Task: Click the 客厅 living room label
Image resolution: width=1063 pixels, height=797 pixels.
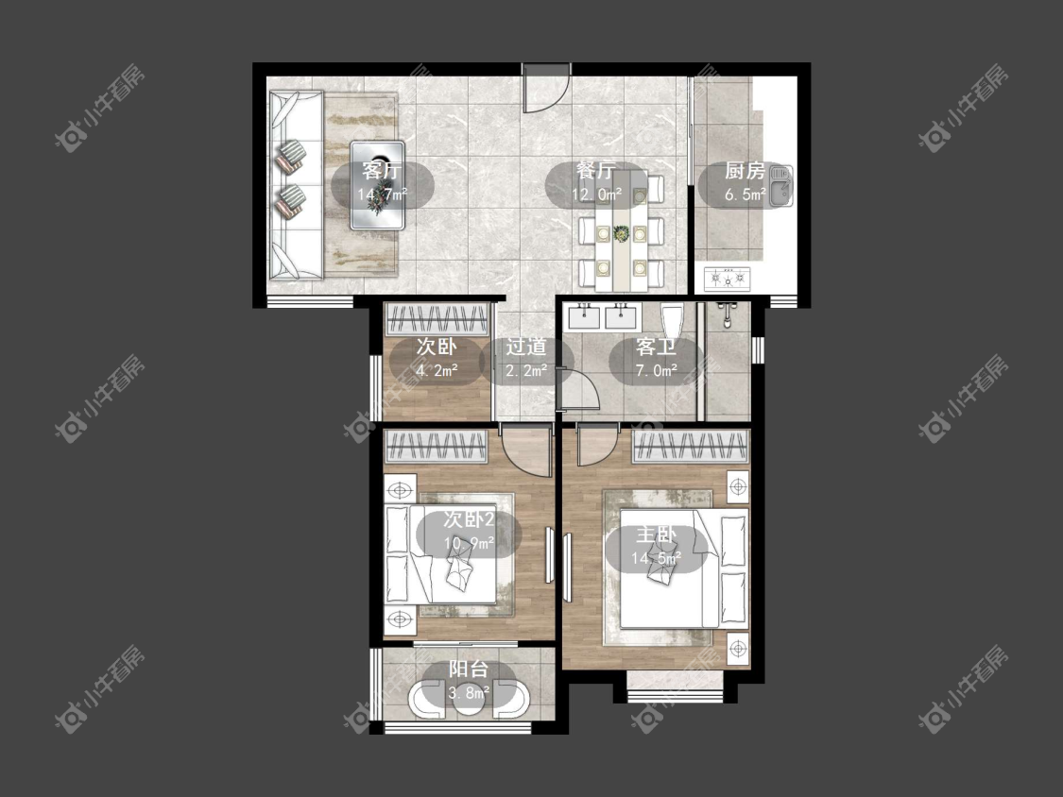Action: click(382, 169)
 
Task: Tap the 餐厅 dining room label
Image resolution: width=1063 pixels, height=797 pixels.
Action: click(596, 171)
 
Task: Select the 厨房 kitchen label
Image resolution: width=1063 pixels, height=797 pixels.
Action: click(745, 171)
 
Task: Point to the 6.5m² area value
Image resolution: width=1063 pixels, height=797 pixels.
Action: click(746, 195)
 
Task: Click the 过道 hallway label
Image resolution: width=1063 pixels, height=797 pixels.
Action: click(526, 347)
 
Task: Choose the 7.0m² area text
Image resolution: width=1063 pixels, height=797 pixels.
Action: click(657, 371)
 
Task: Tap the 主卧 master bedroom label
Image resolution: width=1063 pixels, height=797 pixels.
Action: click(657, 535)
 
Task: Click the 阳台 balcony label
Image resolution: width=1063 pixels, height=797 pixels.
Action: click(469, 670)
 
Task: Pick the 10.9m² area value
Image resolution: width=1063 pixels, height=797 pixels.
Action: click(469, 544)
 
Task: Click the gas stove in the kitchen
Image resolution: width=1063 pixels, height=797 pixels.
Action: click(728, 278)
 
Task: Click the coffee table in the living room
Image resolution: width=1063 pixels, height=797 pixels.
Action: click(378, 185)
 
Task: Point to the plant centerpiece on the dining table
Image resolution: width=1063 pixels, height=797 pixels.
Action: click(620, 234)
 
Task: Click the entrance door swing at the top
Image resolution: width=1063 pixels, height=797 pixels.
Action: click(546, 92)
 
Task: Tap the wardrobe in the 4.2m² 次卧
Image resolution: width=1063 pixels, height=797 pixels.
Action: click(437, 318)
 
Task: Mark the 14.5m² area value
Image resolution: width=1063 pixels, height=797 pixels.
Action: click(657, 559)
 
